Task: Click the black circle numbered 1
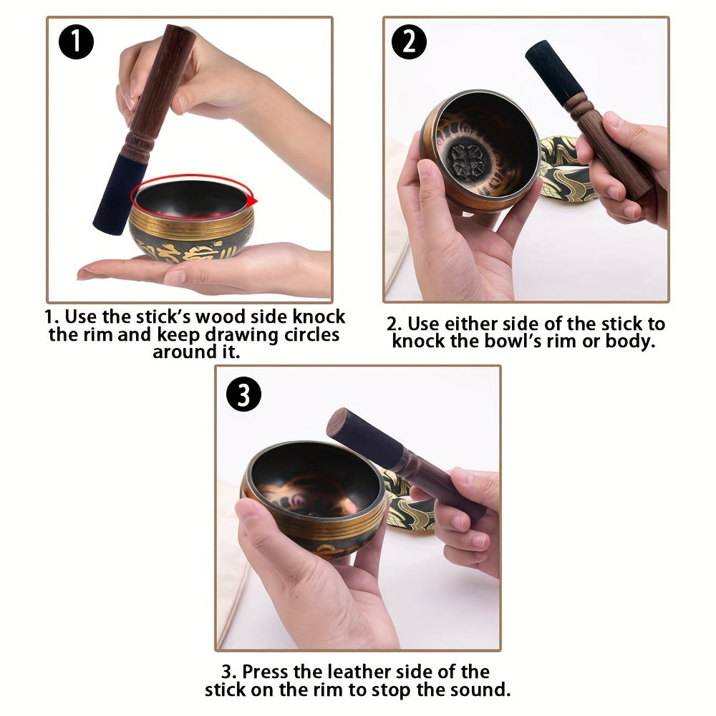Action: coord(76,42)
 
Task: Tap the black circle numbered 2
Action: coord(409,42)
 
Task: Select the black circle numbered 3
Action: coord(243,394)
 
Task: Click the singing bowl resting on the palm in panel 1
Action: coord(192,229)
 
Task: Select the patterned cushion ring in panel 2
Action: coord(566,169)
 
